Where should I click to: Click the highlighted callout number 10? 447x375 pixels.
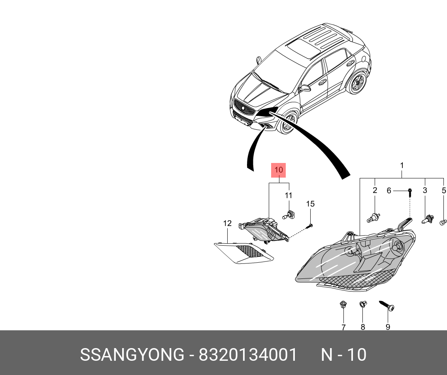[x=278, y=170]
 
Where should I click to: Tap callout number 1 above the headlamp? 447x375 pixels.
[x=402, y=165]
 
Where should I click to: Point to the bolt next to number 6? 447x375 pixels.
[x=410, y=193]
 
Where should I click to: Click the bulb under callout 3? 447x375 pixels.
[x=427, y=218]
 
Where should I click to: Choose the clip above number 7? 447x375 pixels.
[x=343, y=305]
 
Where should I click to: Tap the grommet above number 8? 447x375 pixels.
[x=362, y=305]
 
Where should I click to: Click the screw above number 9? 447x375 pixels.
[x=387, y=306]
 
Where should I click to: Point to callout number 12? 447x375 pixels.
[x=227, y=223]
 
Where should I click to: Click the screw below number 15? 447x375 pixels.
[x=309, y=227]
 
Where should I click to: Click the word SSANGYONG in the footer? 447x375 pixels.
[x=132, y=355]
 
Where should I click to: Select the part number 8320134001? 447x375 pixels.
[x=248, y=355]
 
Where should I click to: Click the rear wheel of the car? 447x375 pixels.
[x=358, y=83]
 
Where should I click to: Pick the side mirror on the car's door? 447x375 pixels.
[x=305, y=88]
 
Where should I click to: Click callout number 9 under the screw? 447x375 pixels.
[x=388, y=327]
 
